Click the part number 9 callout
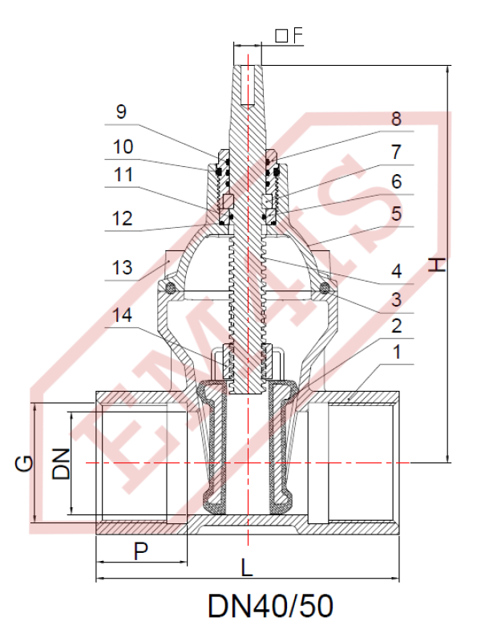[x=122, y=112]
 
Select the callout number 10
[x=123, y=147]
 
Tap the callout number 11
[x=123, y=175]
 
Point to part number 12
[x=123, y=218]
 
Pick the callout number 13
[x=123, y=268]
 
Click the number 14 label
[x=123, y=315]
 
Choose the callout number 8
[x=396, y=119]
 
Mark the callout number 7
[x=396, y=152]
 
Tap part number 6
[x=396, y=182]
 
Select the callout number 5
[x=396, y=213]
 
